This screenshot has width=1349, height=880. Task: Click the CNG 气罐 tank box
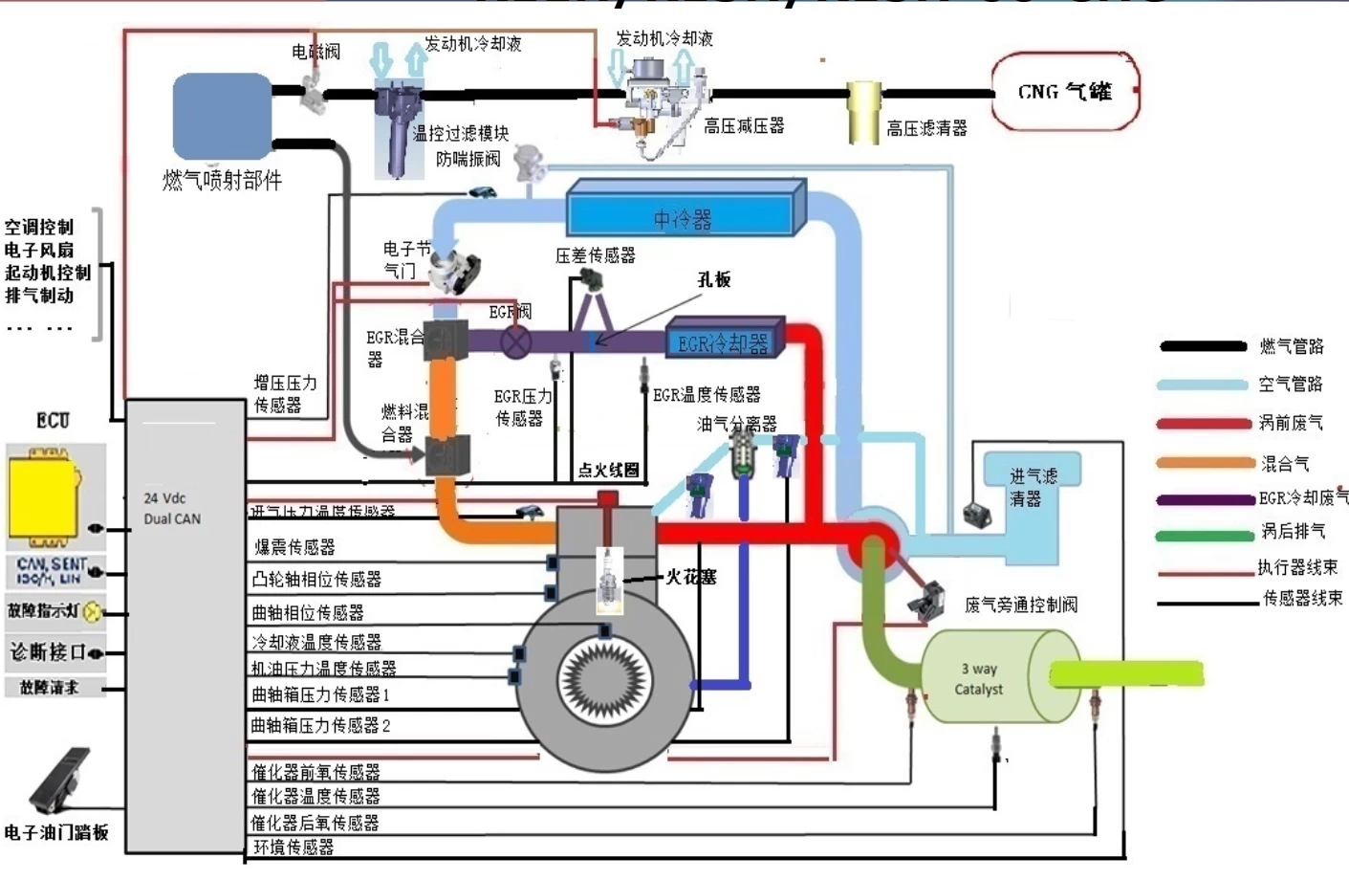[1064, 92]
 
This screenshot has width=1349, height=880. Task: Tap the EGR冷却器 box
[724, 342]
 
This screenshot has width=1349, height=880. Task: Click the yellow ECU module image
[42, 496]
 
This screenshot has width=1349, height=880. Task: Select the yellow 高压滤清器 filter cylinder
[863, 112]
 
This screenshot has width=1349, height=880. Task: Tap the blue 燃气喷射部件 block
[222, 116]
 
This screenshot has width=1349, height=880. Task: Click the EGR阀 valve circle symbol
[516, 341]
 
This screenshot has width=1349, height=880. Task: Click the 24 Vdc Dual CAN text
[172, 509]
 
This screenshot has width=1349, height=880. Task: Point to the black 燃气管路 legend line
[1203, 346]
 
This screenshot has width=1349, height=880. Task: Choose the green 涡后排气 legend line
[1204, 535]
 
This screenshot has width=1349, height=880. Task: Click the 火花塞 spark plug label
[690, 577]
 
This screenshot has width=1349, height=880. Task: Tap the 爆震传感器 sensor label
[294, 547]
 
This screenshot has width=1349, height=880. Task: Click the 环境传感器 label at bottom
[294, 847]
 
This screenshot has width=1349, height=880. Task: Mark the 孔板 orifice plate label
[713, 279]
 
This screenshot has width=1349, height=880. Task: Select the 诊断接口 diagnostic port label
[48, 652]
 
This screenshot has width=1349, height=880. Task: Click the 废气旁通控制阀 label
[1020, 605]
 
